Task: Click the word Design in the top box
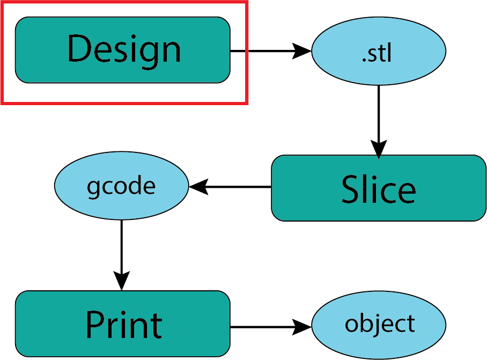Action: (x=123, y=49)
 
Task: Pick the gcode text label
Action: (x=121, y=186)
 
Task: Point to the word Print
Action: (x=123, y=325)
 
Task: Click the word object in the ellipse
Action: (x=379, y=324)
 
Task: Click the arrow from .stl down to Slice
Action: (x=379, y=118)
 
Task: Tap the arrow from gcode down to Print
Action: (x=122, y=252)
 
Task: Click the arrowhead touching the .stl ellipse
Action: (x=303, y=51)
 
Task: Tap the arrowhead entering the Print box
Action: (x=122, y=282)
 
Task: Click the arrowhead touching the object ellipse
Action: (x=303, y=326)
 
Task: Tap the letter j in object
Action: (x=379, y=325)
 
